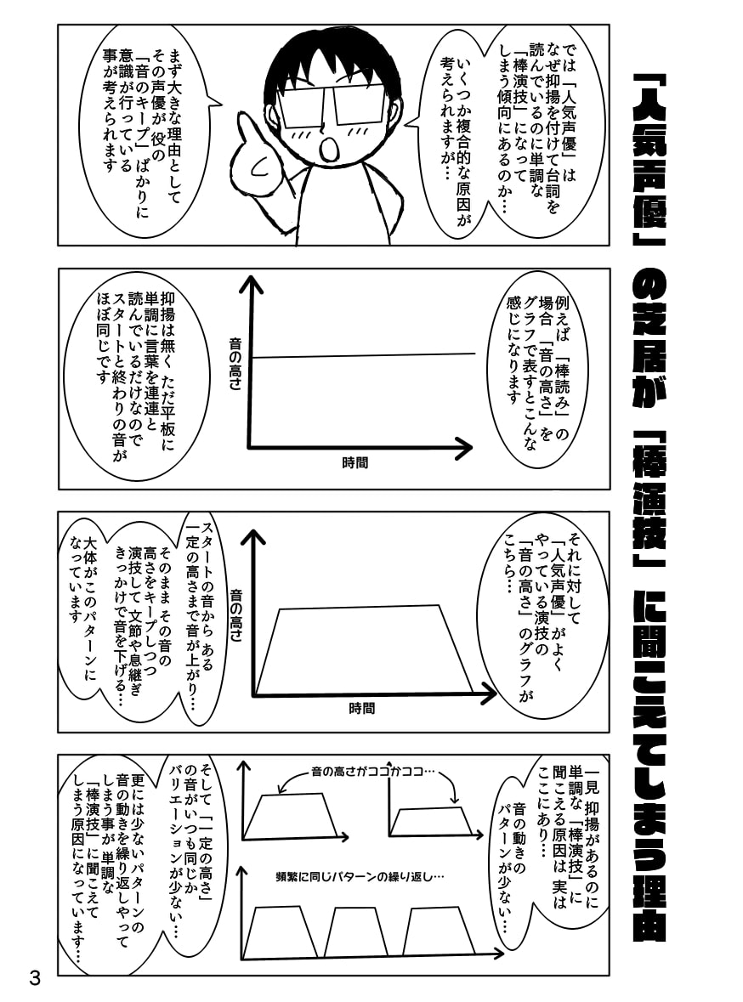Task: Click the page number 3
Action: click(x=34, y=977)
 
